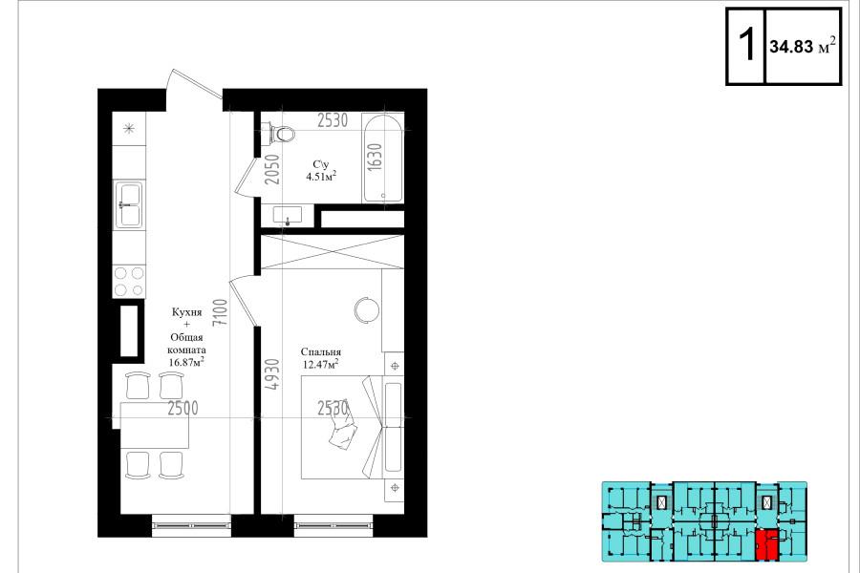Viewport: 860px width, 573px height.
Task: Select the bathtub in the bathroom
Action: (383, 159)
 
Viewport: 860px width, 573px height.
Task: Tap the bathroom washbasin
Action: (288, 215)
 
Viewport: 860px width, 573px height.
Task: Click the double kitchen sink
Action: (129, 205)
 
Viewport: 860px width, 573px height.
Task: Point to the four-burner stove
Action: (129, 282)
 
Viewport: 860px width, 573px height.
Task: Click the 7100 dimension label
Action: (220, 313)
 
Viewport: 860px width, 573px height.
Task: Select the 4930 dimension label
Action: (272, 374)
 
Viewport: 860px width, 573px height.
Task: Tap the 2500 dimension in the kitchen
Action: (183, 408)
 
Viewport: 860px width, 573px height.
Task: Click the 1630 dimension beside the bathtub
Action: (375, 158)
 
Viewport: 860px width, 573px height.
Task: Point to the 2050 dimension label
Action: (272, 169)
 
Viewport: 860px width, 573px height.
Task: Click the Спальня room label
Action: (320, 352)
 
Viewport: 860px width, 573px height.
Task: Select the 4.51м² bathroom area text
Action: (321, 176)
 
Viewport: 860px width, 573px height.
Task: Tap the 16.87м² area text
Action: (186, 362)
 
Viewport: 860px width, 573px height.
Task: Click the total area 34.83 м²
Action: (803, 46)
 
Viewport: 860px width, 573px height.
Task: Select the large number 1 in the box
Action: (746, 46)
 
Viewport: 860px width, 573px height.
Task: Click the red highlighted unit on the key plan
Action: (766, 544)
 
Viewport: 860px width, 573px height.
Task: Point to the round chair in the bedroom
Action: (366, 310)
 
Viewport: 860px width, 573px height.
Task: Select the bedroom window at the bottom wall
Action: (333, 525)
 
